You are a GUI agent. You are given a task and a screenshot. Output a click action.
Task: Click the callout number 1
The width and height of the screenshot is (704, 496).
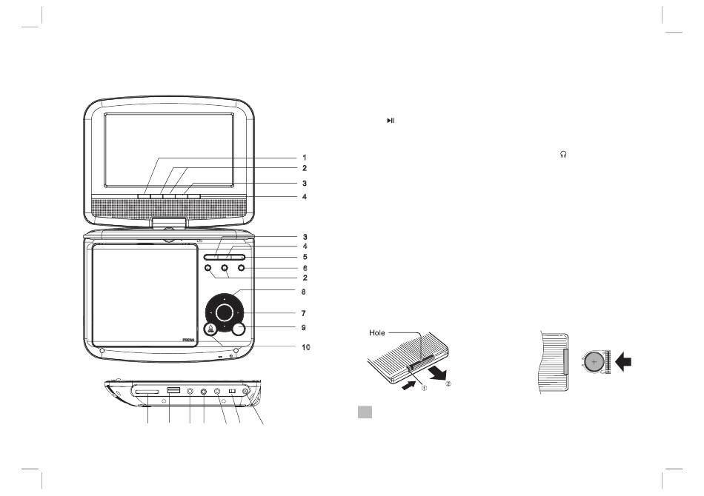pyautogui.click(x=305, y=158)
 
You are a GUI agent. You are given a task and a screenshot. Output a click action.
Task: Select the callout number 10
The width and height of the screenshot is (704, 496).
pyautogui.click(x=306, y=347)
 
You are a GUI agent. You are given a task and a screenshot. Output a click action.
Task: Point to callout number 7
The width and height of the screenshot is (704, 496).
pyautogui.click(x=304, y=313)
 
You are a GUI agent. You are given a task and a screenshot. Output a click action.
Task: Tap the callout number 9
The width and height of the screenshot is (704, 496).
pyautogui.click(x=304, y=328)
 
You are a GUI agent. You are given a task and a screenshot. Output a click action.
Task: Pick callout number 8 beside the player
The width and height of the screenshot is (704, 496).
pyautogui.click(x=304, y=292)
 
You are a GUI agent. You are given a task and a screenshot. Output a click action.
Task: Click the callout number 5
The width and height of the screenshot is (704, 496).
pyautogui.click(x=305, y=257)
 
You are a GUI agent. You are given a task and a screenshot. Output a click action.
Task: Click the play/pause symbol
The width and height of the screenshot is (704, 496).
pyautogui.click(x=391, y=121)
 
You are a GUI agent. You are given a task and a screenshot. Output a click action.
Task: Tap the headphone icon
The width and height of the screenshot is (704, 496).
pyautogui.click(x=563, y=154)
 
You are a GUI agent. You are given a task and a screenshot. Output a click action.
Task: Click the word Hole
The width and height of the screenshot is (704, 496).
pyautogui.click(x=377, y=332)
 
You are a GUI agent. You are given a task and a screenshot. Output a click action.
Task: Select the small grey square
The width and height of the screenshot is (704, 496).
pyautogui.click(x=365, y=412)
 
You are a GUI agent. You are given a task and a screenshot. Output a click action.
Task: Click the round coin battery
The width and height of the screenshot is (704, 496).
pyautogui.click(x=594, y=361)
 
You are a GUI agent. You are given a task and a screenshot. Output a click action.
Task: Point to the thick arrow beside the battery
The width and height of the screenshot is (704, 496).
pyautogui.click(x=624, y=361)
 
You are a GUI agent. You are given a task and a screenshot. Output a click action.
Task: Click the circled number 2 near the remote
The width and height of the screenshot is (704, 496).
pyautogui.click(x=448, y=384)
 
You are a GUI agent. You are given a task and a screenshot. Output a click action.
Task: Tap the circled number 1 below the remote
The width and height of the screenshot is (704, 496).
pyautogui.click(x=424, y=389)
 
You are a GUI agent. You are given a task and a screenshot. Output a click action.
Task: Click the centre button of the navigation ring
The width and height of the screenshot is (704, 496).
pyautogui.click(x=224, y=312)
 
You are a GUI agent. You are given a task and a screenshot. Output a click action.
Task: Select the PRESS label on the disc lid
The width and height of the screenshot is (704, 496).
pyautogui.click(x=188, y=341)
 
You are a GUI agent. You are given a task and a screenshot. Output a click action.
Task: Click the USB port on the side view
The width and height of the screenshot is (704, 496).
pyautogui.click(x=173, y=390)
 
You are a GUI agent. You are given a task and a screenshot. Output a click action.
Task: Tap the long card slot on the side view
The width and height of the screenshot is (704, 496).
pyautogui.click(x=147, y=392)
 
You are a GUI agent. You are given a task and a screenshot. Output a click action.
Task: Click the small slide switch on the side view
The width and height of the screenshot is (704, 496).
pyautogui.click(x=233, y=392)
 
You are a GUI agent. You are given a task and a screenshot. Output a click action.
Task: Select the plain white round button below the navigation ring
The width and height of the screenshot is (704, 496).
pyautogui.click(x=239, y=329)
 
